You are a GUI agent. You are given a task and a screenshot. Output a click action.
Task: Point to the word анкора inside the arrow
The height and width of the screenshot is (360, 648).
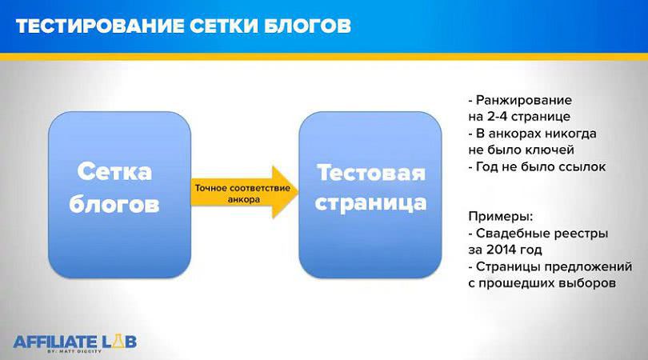point(242,200)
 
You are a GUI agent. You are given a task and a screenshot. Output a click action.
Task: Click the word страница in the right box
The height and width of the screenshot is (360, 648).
point(369,202)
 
